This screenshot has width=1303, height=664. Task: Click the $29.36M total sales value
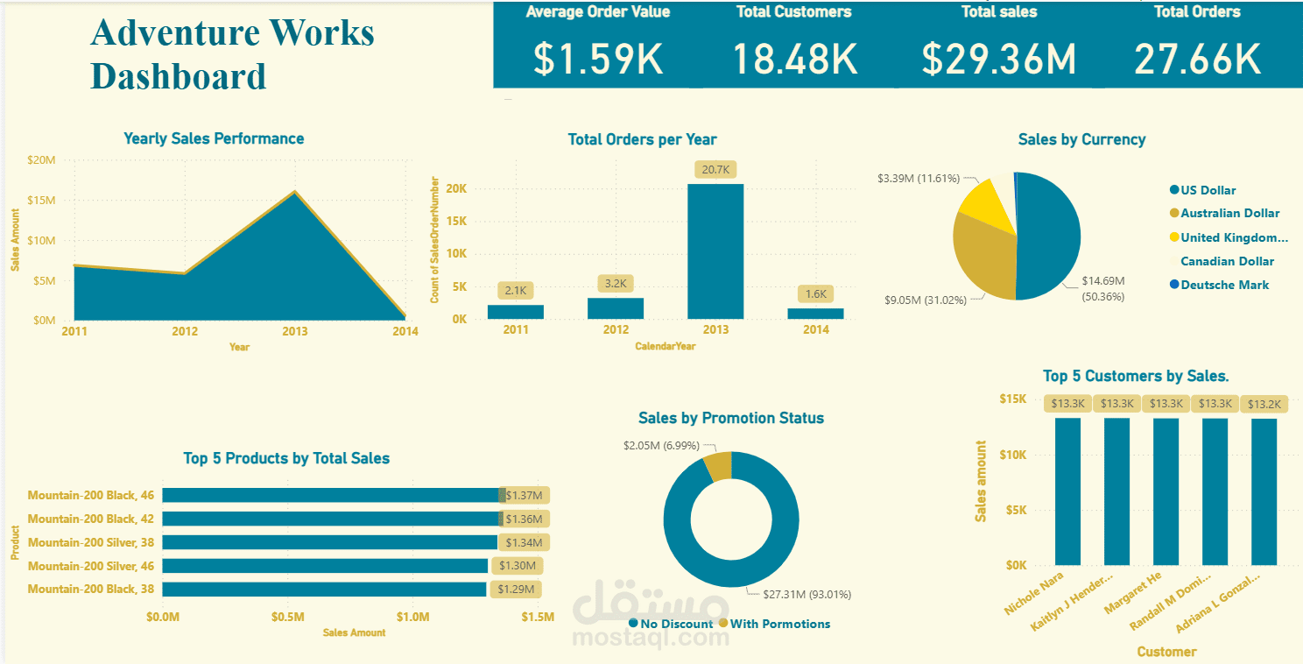(x=999, y=59)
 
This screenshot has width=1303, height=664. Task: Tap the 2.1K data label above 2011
(x=516, y=290)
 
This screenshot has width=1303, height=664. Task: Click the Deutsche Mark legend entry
(x=1224, y=285)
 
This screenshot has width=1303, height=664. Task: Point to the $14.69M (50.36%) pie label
(x=1102, y=288)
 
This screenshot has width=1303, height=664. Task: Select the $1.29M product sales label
(x=516, y=590)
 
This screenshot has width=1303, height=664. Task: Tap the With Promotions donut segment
(x=718, y=465)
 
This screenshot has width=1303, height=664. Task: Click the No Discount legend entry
(x=672, y=624)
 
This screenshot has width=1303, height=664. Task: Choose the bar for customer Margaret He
(x=1166, y=491)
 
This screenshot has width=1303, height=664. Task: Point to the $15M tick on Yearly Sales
(x=41, y=201)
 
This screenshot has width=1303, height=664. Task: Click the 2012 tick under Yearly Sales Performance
(x=185, y=332)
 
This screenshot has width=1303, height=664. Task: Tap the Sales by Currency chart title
(x=1081, y=139)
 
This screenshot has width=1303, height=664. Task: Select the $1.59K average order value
(x=598, y=59)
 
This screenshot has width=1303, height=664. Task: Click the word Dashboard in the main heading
(x=178, y=76)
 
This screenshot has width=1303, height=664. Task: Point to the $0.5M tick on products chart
(x=288, y=617)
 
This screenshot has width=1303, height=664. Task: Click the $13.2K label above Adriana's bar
(x=1264, y=404)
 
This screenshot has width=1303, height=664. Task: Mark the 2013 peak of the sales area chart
(x=294, y=192)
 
